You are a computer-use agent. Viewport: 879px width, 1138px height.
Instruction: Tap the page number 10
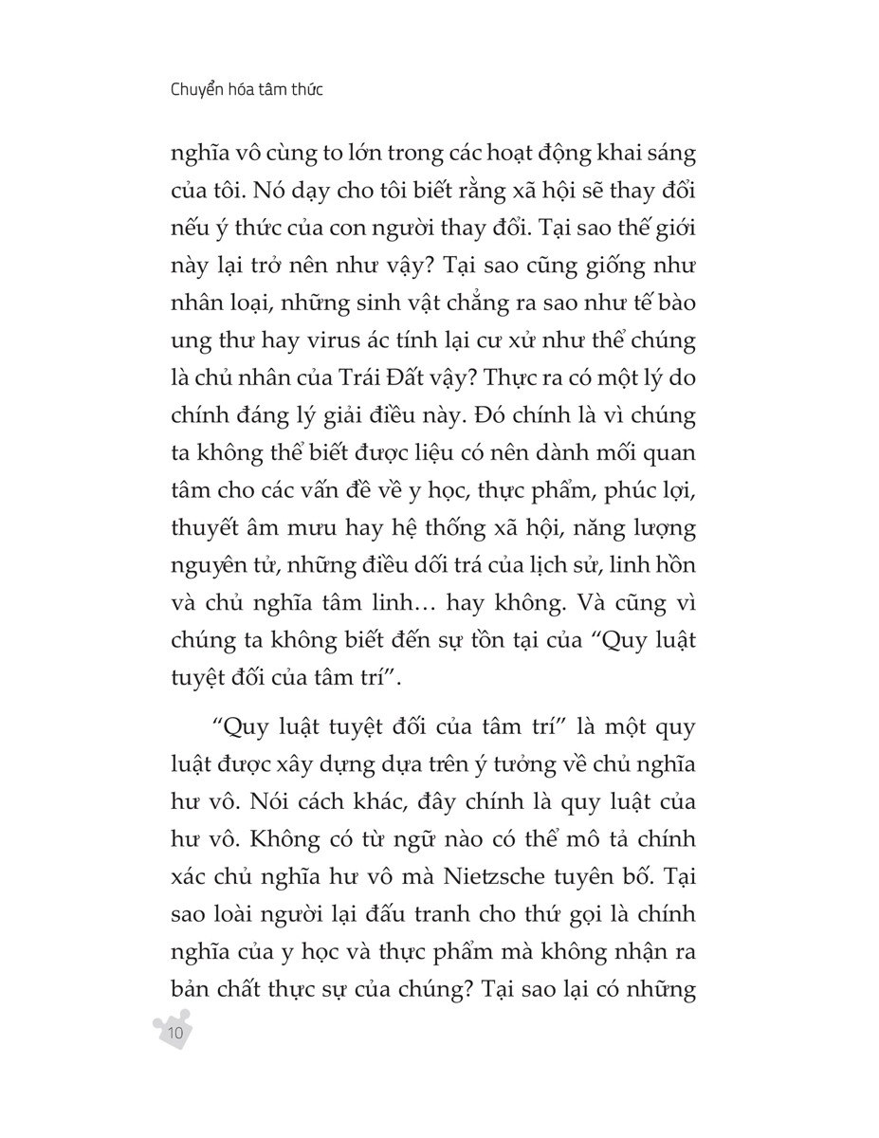(x=174, y=1032)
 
